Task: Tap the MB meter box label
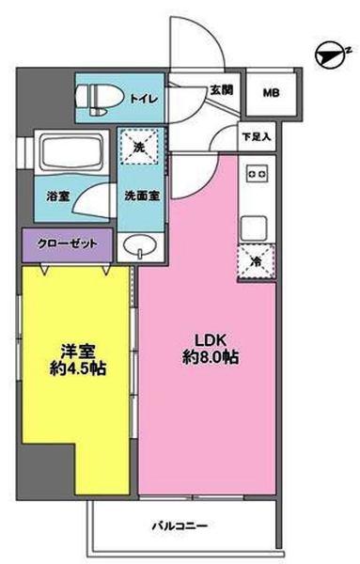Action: (x=271, y=92)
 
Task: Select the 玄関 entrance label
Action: (x=221, y=91)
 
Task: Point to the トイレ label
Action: (x=144, y=98)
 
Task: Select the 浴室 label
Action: (x=56, y=197)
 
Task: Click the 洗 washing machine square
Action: (x=139, y=147)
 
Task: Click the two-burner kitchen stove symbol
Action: (x=256, y=175)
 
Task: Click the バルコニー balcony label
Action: (x=181, y=525)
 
